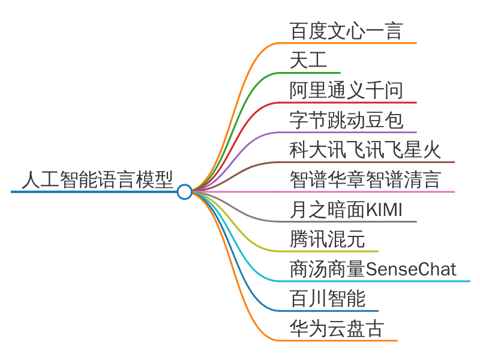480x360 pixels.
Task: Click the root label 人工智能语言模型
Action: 98,179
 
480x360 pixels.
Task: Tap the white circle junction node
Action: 185,192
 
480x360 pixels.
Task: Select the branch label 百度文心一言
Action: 346,31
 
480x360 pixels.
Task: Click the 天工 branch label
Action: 308,61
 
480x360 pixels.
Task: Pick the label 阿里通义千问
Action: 346,91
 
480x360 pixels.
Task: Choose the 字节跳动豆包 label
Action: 346,120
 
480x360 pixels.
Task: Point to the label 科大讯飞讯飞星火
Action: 365,149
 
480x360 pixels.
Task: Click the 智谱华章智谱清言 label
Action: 365,179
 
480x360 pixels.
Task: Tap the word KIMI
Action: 384,210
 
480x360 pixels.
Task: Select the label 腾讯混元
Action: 327,239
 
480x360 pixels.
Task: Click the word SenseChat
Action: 411,269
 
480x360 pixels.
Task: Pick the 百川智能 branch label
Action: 327,298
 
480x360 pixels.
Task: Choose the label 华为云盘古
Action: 337,328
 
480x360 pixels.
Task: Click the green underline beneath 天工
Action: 310,73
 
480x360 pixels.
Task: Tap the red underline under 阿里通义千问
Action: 348,103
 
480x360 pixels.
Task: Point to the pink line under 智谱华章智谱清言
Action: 367,192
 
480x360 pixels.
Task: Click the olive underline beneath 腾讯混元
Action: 329,251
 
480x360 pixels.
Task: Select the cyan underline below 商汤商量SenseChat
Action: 374,281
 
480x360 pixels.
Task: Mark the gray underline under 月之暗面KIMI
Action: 348,221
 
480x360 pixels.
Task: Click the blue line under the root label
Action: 94,192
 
